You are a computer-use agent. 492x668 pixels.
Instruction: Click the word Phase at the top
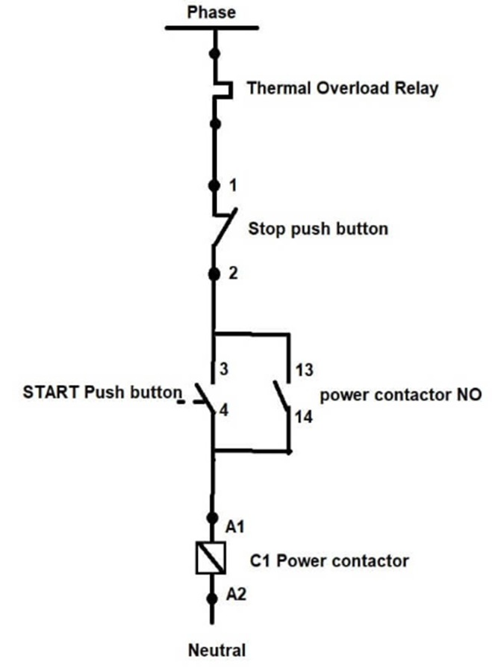pyautogui.click(x=211, y=12)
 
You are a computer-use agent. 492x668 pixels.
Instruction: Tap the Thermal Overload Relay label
pyautogui.click(x=343, y=88)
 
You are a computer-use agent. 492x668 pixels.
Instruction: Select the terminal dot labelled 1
pyautogui.click(x=214, y=186)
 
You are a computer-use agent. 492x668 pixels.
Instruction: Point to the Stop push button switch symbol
pyautogui.click(x=224, y=227)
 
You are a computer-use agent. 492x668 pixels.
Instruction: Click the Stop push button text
pyautogui.click(x=318, y=229)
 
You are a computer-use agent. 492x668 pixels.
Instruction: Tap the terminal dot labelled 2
pyautogui.click(x=214, y=274)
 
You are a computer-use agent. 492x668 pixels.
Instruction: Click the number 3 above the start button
pyautogui.click(x=224, y=368)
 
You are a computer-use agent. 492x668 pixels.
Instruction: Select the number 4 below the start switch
pyautogui.click(x=224, y=409)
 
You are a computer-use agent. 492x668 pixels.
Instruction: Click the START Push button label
pyautogui.click(x=102, y=392)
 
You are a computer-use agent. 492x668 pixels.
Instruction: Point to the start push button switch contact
pyautogui.click(x=205, y=398)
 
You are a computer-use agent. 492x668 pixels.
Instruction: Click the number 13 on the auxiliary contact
pyautogui.click(x=304, y=370)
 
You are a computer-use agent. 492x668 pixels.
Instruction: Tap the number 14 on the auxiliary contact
pyautogui.click(x=304, y=416)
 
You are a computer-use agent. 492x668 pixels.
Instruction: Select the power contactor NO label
pyautogui.click(x=400, y=395)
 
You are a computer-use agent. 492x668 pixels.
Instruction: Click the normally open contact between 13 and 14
pyautogui.click(x=281, y=395)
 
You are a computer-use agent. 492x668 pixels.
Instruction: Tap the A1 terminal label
pyautogui.click(x=235, y=527)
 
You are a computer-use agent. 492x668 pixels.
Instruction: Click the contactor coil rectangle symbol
pyautogui.click(x=211, y=557)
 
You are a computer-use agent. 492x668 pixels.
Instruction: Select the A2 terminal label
pyautogui.click(x=236, y=594)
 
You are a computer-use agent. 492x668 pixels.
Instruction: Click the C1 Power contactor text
pyautogui.click(x=329, y=560)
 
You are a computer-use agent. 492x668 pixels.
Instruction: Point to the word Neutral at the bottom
pyautogui.click(x=217, y=650)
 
